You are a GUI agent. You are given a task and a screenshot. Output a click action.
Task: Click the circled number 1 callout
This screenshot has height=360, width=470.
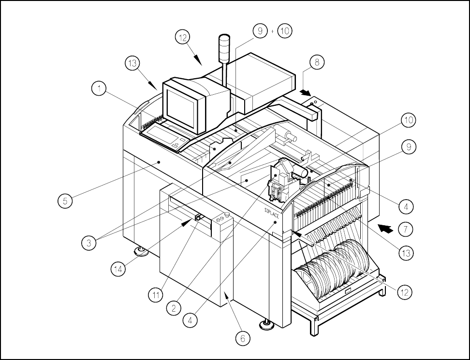pyautogui.click(x=99, y=89)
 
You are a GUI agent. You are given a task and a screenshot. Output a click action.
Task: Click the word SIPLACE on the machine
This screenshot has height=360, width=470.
pyautogui.click(x=272, y=211)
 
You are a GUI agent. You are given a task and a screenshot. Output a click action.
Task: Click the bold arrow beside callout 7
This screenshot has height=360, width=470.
pyautogui.click(x=385, y=225)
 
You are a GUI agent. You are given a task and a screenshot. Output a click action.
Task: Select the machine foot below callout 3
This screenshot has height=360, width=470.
pyautogui.click(x=142, y=250)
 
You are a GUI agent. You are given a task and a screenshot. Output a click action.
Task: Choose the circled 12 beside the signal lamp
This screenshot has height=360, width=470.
pyautogui.click(x=183, y=38)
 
